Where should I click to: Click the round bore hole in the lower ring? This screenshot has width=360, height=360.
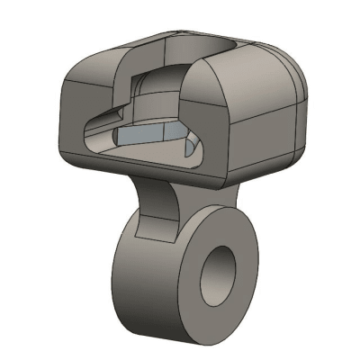[x=219, y=274]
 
